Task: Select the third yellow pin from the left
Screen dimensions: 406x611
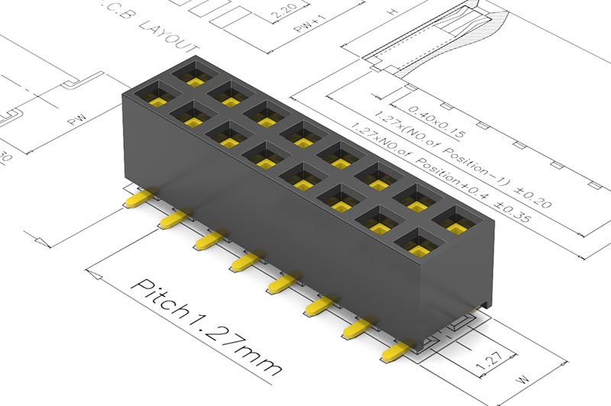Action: tap(206, 242)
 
